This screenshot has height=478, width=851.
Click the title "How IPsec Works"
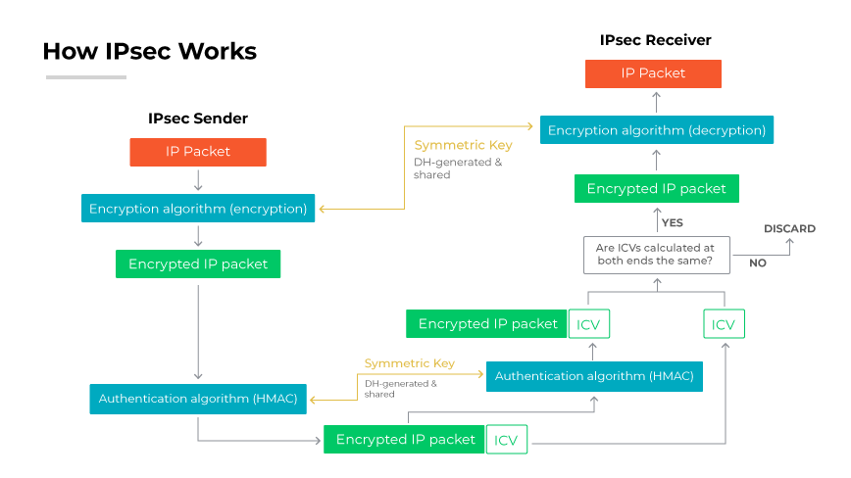click(149, 51)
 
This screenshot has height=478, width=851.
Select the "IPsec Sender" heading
click(198, 119)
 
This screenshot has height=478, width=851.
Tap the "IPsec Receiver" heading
click(655, 40)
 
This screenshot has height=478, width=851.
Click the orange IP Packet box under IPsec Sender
click(198, 152)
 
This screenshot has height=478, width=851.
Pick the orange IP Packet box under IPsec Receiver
click(653, 73)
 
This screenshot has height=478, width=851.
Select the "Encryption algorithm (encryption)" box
click(198, 209)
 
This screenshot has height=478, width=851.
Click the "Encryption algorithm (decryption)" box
click(657, 130)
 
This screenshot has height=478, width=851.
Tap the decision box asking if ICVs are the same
click(655, 256)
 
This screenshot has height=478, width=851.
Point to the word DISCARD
click(789, 229)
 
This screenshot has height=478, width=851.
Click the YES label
click(672, 223)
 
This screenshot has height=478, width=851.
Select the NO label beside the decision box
click(757, 263)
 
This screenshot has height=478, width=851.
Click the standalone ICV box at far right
click(724, 324)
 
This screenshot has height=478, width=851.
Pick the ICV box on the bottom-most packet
click(506, 440)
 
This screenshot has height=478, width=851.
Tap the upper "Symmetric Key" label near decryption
click(463, 145)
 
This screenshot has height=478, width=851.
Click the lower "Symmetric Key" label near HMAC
click(409, 363)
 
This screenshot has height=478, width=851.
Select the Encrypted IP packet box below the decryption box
click(656, 189)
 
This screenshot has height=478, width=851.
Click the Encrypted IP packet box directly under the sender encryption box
click(198, 264)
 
